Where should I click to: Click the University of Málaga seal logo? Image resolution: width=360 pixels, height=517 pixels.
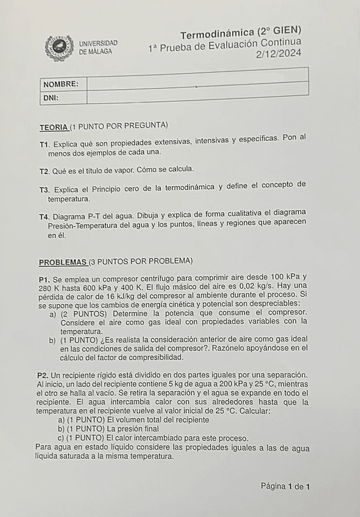click(59, 48)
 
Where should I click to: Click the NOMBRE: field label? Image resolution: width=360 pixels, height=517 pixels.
click(61, 84)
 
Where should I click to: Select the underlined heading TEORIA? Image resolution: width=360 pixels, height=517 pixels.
click(54, 127)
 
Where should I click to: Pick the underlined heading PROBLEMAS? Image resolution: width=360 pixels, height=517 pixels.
click(63, 262)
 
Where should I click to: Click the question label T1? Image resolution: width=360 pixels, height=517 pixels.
click(44, 144)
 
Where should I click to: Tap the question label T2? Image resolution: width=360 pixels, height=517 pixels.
click(43, 170)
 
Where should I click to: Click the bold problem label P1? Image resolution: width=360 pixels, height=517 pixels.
click(44, 278)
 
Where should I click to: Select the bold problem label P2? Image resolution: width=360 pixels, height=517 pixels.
click(42, 374)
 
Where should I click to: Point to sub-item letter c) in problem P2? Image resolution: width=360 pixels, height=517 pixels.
click(60, 438)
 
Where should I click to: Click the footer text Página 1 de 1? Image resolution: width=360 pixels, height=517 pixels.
click(285, 486)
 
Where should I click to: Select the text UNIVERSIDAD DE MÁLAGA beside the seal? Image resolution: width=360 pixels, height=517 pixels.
click(98, 48)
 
